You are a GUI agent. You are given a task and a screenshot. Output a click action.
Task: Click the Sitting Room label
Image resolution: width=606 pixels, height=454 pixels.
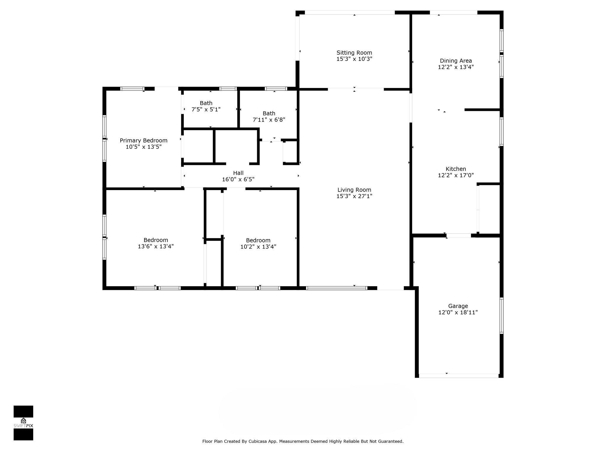[354, 53]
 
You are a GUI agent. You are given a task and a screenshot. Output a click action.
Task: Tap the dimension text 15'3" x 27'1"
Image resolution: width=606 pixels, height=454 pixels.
[354, 196]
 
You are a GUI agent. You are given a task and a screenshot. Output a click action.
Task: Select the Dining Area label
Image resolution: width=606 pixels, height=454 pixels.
[456, 61]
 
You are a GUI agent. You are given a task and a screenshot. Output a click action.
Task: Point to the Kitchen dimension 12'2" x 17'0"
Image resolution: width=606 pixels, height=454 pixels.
[456, 175]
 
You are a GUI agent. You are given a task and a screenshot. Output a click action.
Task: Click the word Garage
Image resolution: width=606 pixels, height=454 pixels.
[458, 306]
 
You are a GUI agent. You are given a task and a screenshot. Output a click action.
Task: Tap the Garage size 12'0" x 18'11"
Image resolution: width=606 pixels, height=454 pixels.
[458, 312]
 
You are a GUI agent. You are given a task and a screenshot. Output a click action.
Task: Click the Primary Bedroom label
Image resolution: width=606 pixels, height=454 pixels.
[144, 140]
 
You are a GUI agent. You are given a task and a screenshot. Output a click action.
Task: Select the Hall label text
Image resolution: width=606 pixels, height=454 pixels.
[238, 173]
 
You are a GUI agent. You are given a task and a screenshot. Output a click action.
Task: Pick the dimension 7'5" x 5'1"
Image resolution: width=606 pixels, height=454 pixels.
[206, 109]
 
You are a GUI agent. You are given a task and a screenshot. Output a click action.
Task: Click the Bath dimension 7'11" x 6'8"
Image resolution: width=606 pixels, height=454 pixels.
[269, 120]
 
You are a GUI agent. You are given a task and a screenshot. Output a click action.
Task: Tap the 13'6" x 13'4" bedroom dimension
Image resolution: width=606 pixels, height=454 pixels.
[156, 246]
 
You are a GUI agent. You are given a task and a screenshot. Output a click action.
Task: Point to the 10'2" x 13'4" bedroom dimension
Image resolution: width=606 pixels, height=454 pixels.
[258, 247]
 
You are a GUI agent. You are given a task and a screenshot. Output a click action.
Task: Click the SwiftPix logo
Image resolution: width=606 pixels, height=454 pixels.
[23, 423]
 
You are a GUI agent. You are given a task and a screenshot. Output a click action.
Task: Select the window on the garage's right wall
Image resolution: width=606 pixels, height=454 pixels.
[501, 316]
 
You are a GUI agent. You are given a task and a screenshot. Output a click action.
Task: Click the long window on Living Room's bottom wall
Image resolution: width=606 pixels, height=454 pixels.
[336, 288]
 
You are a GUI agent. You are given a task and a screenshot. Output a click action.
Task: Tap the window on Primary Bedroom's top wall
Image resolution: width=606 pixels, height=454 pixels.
[132, 89]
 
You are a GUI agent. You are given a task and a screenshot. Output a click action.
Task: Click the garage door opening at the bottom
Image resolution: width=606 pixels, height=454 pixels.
[459, 376]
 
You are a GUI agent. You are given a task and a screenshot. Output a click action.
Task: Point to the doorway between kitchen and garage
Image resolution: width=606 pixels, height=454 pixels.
[458, 236]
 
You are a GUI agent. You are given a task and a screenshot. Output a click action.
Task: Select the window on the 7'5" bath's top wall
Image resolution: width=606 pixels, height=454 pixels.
[228, 89]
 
